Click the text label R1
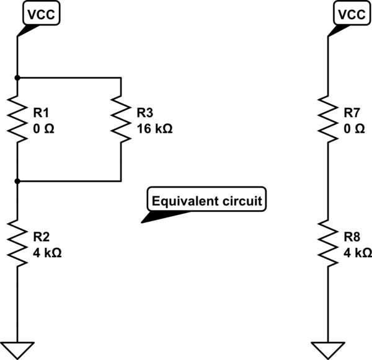(40, 113)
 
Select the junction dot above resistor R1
(18, 77)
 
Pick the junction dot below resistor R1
(18, 181)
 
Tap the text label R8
(351, 237)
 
